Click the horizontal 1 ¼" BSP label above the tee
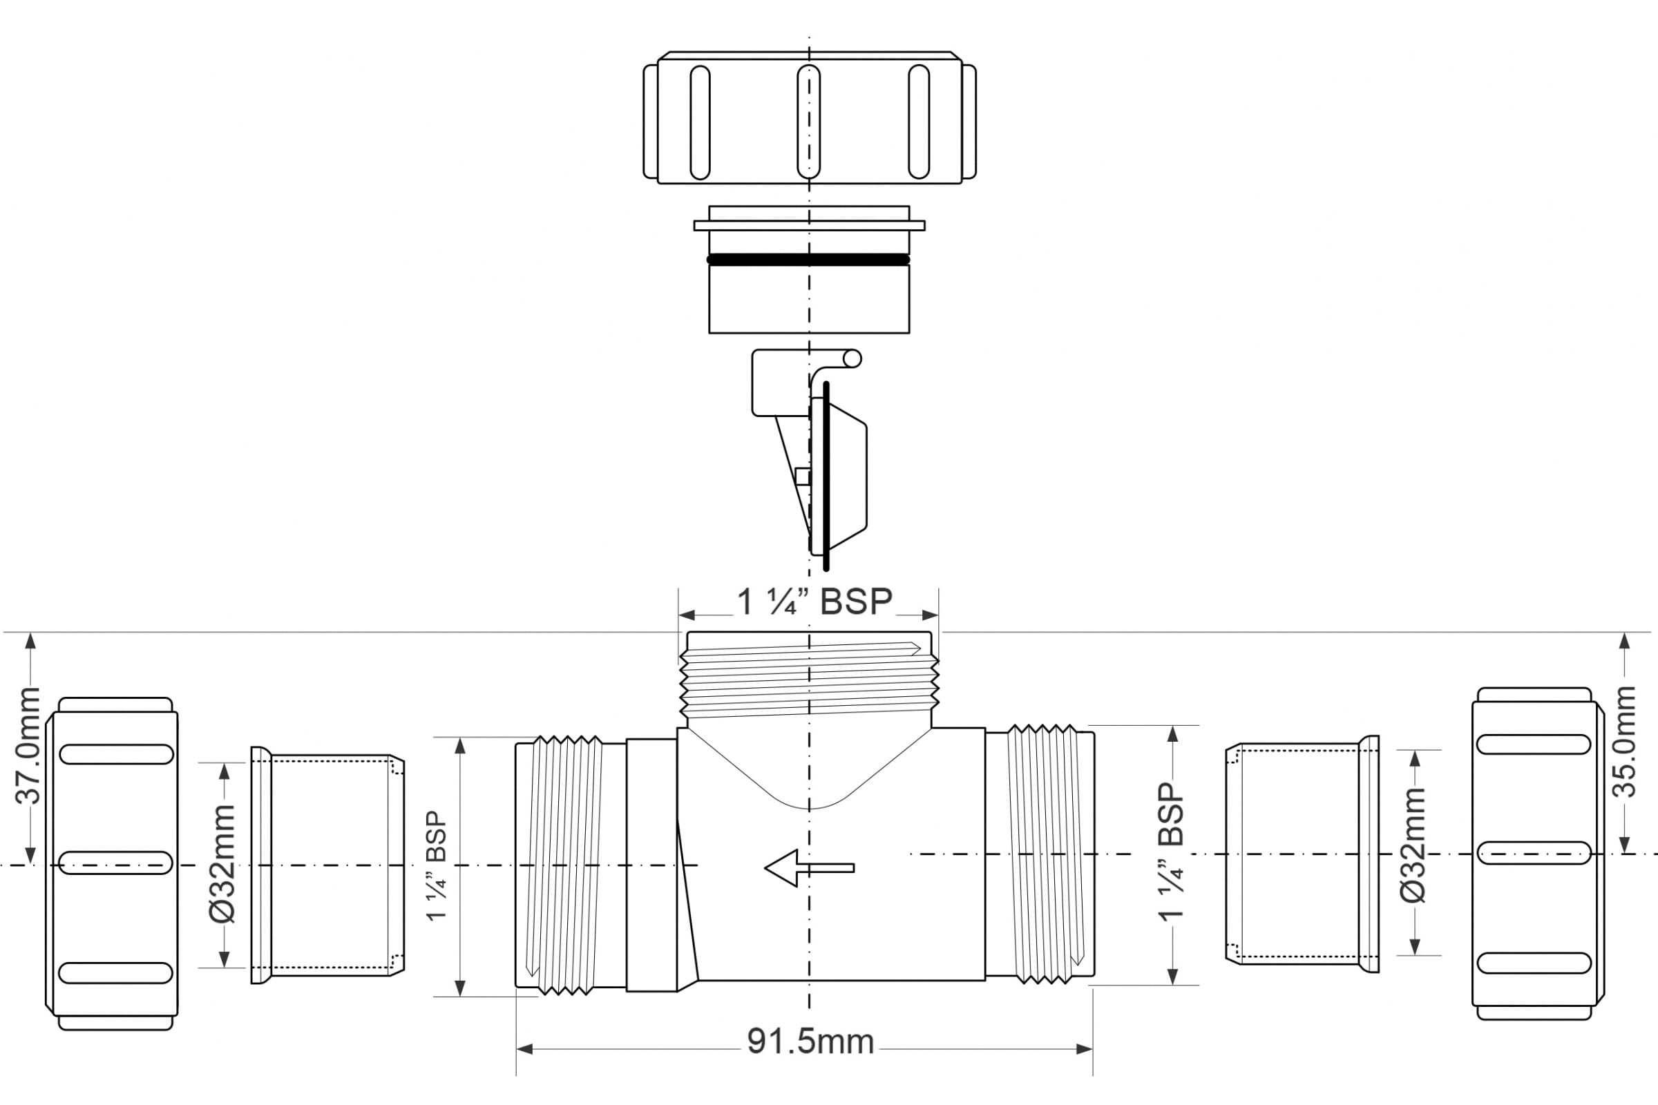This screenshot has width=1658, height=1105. (x=814, y=602)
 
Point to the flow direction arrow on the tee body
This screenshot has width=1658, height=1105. (x=809, y=867)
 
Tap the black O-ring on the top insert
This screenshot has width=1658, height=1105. (x=808, y=260)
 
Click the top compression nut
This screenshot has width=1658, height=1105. (x=810, y=117)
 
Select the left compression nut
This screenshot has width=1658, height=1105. (x=111, y=864)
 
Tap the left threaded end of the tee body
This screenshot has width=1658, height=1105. (x=571, y=865)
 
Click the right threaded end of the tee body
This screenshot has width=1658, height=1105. (x=1040, y=854)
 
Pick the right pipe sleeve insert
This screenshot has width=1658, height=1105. (x=1303, y=854)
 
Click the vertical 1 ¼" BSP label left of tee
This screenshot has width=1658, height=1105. (x=437, y=865)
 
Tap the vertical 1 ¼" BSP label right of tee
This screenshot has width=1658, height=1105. (x=1171, y=852)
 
